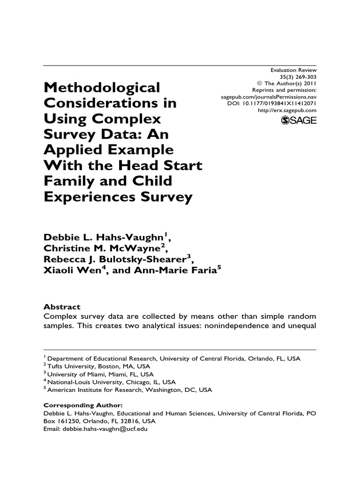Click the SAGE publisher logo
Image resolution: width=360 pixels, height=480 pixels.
pyautogui.click(x=299, y=120)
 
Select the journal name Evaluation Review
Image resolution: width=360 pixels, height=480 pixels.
pyautogui.click(x=294, y=70)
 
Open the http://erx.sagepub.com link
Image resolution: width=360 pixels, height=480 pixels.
pyautogui.click(x=287, y=110)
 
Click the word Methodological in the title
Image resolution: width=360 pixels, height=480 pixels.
pyautogui.click(x=102, y=87)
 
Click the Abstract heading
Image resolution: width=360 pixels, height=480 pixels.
pyautogui.click(x=62, y=307)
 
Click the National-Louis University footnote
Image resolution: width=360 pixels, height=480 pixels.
pyautogui.click(x=112, y=382)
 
